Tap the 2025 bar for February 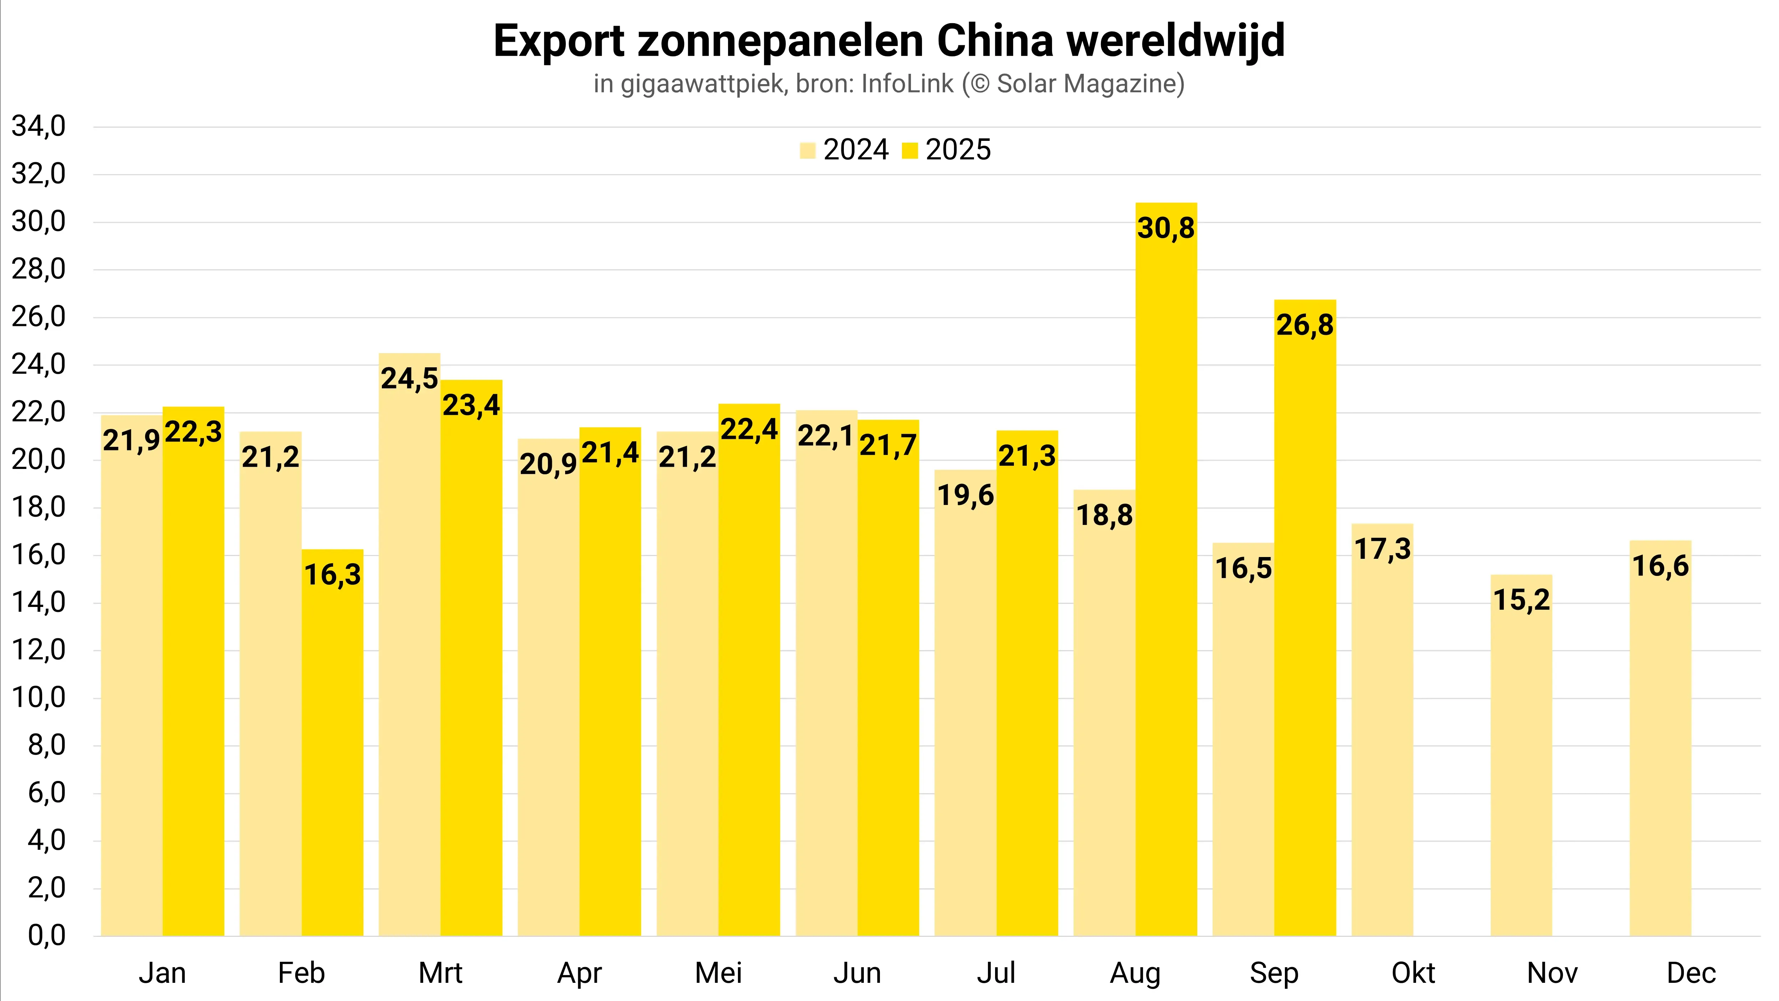[x=332, y=760]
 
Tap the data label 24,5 [x=410, y=379]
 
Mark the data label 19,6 [x=965, y=495]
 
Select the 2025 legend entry [x=957, y=150]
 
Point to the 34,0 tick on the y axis [x=39, y=127]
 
